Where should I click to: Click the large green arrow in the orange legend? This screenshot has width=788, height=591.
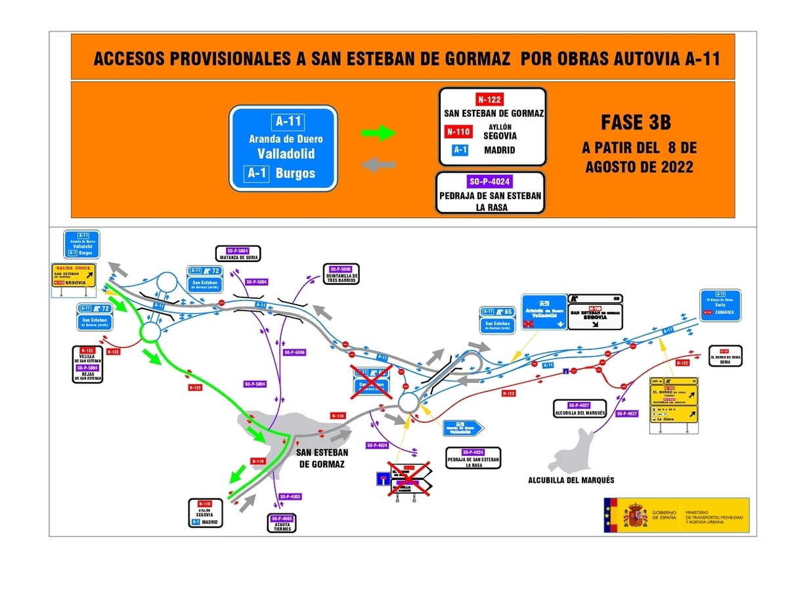pos(380,133)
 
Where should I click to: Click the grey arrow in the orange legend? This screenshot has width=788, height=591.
pos(380,164)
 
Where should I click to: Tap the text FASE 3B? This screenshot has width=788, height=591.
pos(636,123)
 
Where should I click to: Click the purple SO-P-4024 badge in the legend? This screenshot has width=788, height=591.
pos(490,182)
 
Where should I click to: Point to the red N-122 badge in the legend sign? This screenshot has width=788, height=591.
pos(490,99)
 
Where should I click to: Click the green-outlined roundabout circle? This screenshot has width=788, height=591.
pos(150,332)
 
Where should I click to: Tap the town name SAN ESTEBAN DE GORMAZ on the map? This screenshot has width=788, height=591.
pos(322,458)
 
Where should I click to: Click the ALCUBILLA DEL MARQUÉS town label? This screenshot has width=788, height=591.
pos(571,480)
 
